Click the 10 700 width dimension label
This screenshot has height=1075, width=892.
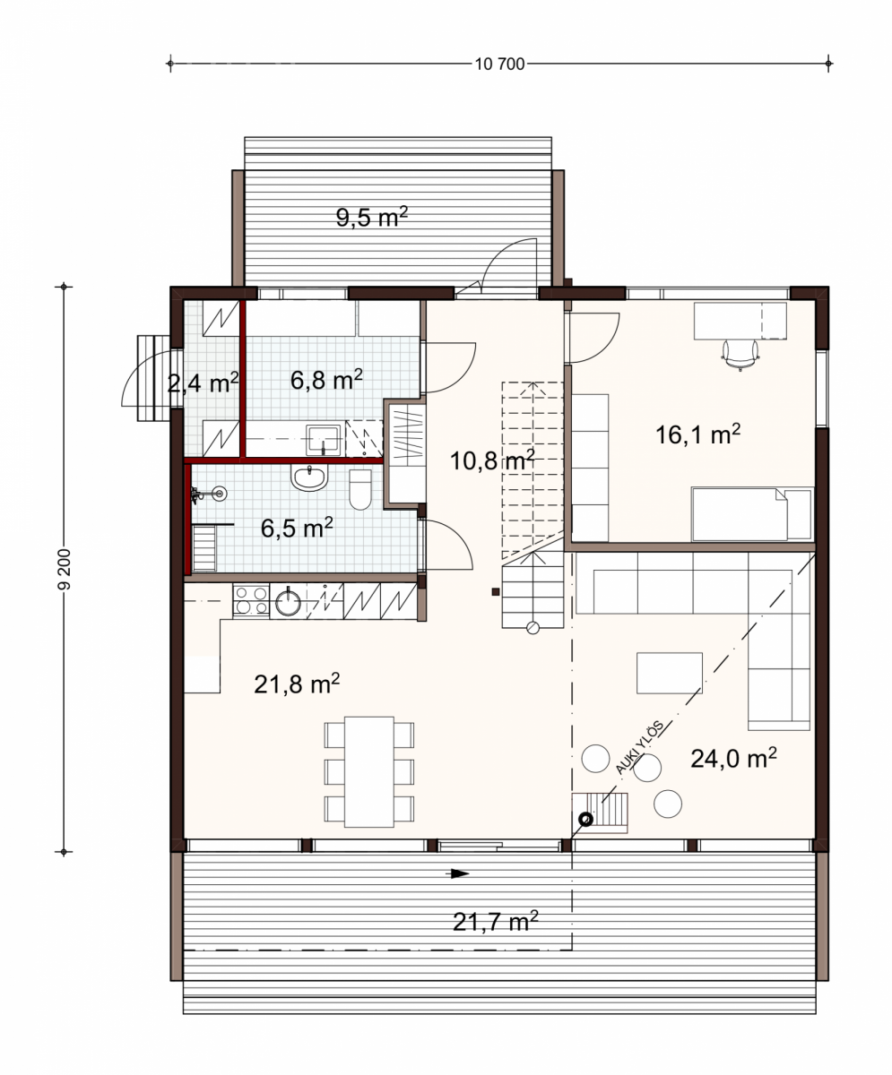499,64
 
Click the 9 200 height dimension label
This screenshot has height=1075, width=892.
65,568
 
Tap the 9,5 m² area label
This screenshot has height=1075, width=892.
371,217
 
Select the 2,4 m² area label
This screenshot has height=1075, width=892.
204,383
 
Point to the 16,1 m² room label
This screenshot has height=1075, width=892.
697,434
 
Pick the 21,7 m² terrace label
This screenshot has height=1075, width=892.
495,921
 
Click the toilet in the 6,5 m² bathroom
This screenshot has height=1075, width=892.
360,489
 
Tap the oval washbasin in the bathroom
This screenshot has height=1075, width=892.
309,477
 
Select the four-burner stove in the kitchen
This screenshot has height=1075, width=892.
251,601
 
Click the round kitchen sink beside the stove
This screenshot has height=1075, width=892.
288,602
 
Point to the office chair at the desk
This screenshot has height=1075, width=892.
740,354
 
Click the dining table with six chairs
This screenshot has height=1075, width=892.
369,771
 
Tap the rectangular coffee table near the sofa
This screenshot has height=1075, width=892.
670,673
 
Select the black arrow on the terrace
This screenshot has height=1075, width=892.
460,873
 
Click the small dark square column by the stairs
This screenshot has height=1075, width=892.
495,592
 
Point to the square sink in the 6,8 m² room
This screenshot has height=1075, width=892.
323,440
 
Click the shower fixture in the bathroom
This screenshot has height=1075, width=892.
209,494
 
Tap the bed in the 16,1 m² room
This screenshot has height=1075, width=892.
752,514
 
